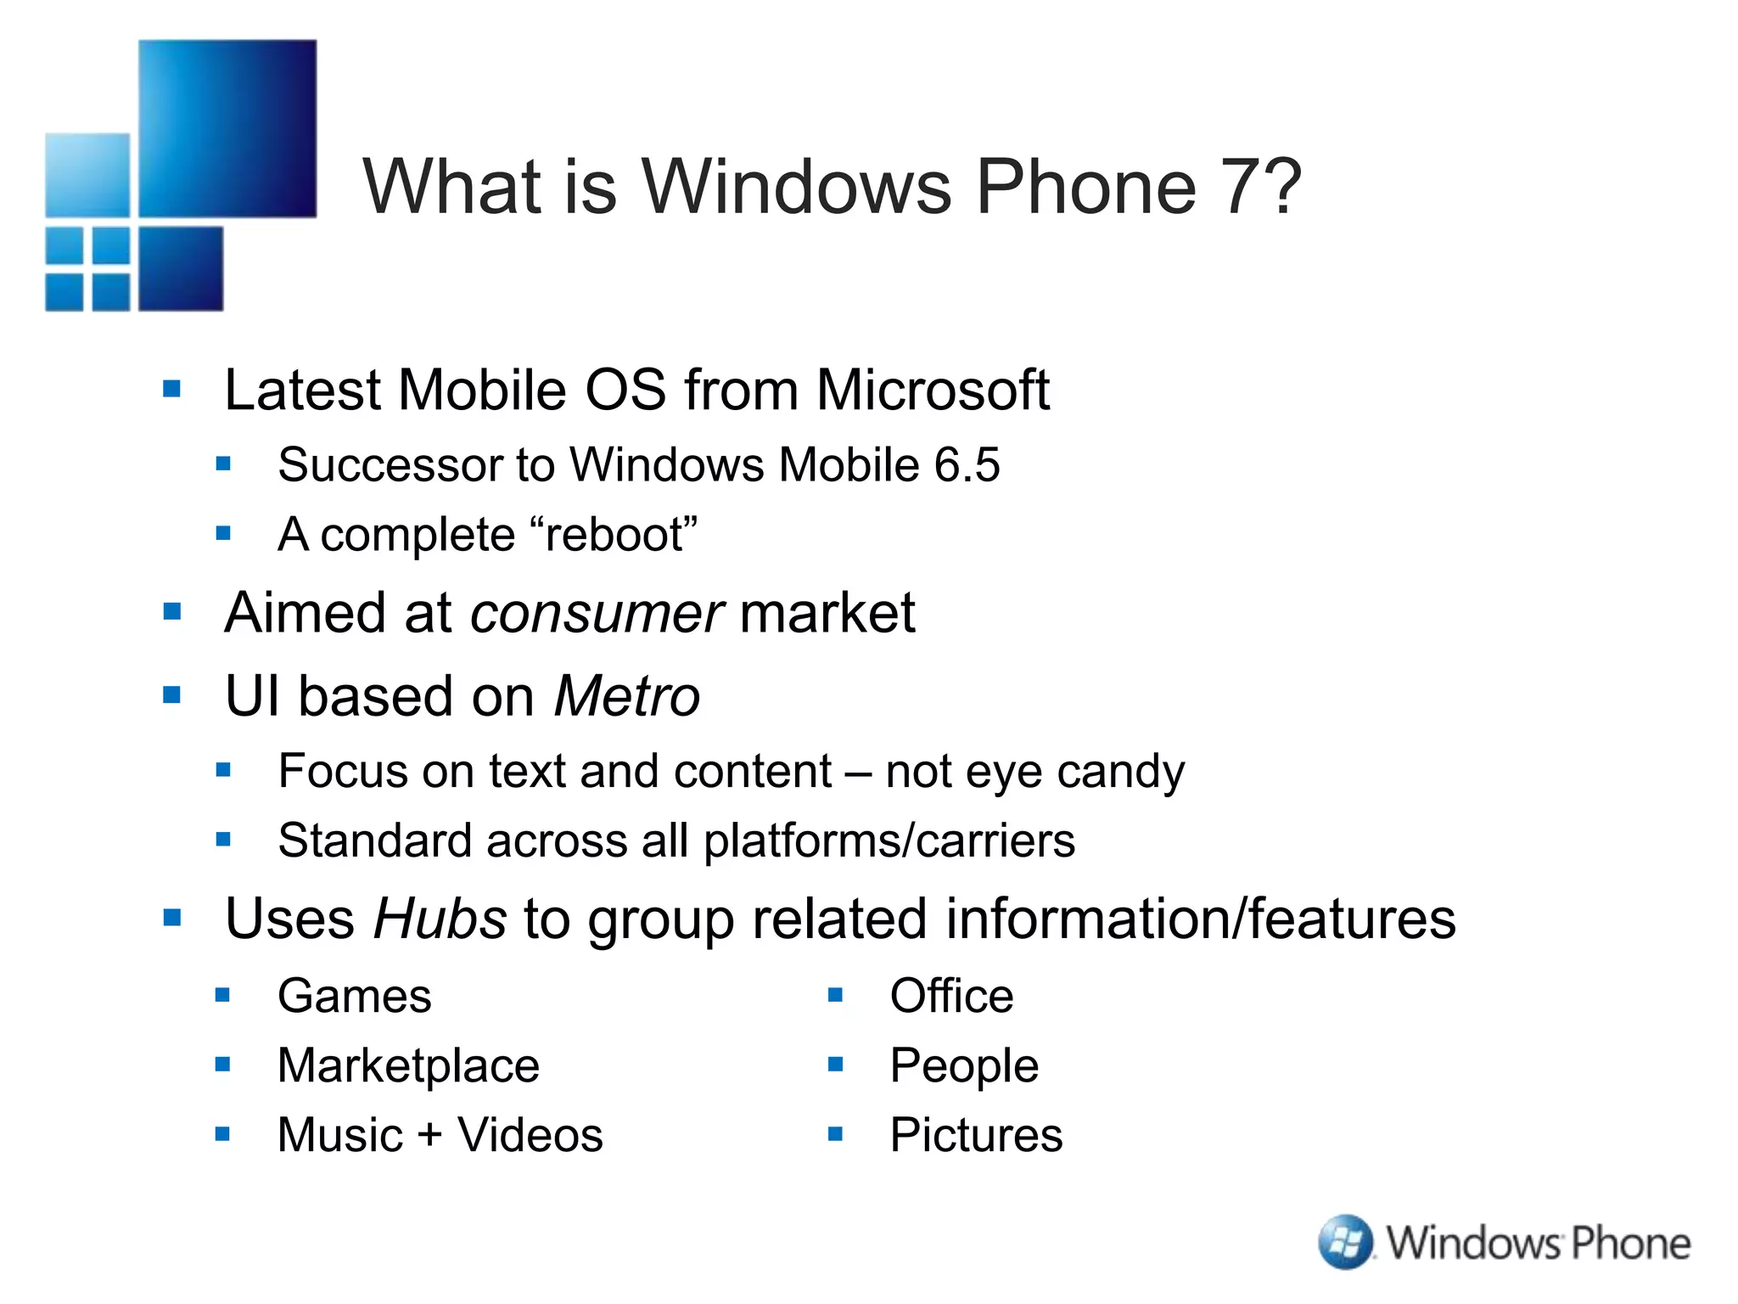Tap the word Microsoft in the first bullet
[933, 391]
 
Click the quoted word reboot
[614, 535]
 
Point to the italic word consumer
[597, 613]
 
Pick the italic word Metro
[626, 697]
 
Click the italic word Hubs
[440, 919]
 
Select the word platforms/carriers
[889, 841]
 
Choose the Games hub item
[354, 996]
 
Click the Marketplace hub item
[408, 1065]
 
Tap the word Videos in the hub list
[530, 1135]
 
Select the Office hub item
[951, 996]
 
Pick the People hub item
[964, 1065]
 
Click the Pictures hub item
[976, 1135]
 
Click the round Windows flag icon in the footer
[1345, 1242]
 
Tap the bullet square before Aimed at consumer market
[172, 611]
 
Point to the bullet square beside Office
[835, 994]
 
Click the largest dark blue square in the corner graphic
[227, 128]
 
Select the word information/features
[1200, 919]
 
